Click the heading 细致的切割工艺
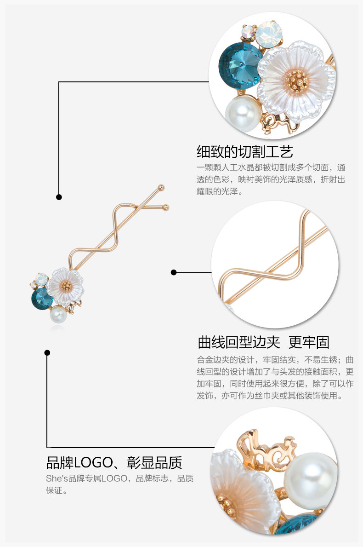(x=244, y=151)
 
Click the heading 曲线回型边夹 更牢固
(x=263, y=342)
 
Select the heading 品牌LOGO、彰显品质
(x=114, y=462)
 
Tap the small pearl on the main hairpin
(x=58, y=315)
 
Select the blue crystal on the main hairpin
(x=42, y=298)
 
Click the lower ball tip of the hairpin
(x=166, y=207)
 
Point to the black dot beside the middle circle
(x=174, y=272)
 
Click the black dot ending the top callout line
(x=59, y=197)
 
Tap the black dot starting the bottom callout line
(x=47, y=353)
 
